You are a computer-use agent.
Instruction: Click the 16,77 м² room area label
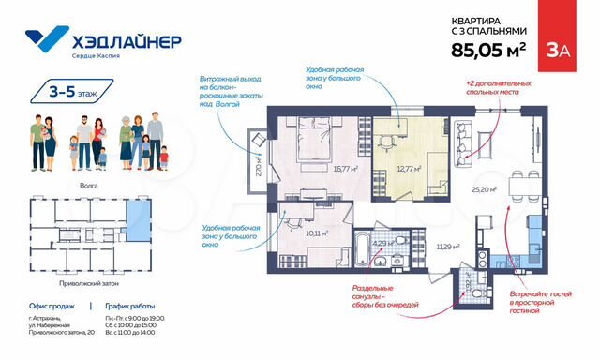320,170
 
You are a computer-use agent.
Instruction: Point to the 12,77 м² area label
409,170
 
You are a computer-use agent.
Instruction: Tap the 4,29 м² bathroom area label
382,243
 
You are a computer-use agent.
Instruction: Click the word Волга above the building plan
89,187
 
